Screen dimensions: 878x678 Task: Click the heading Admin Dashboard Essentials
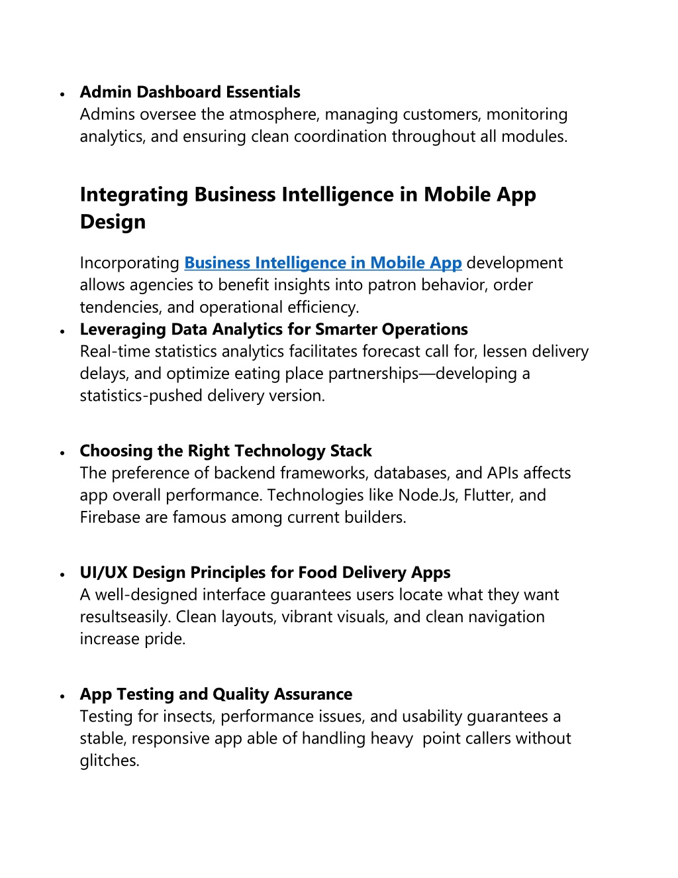click(x=190, y=92)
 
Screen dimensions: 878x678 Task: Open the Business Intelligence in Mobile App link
click(x=322, y=263)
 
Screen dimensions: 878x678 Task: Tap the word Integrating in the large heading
click(x=134, y=195)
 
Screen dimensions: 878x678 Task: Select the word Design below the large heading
click(x=113, y=222)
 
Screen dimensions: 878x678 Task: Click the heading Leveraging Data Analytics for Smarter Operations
click(x=273, y=329)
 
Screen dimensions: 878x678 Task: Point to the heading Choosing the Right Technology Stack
click(x=226, y=451)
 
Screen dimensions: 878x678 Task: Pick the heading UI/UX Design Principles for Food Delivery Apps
click(x=265, y=573)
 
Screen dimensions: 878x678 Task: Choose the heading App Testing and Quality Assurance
click(x=216, y=694)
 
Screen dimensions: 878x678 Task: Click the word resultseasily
click(x=126, y=617)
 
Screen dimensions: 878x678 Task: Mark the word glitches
click(x=109, y=761)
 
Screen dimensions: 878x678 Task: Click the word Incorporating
click(x=130, y=263)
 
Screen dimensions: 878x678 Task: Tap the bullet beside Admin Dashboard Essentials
click(x=62, y=94)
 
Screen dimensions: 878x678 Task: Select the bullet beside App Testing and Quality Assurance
click(x=62, y=696)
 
